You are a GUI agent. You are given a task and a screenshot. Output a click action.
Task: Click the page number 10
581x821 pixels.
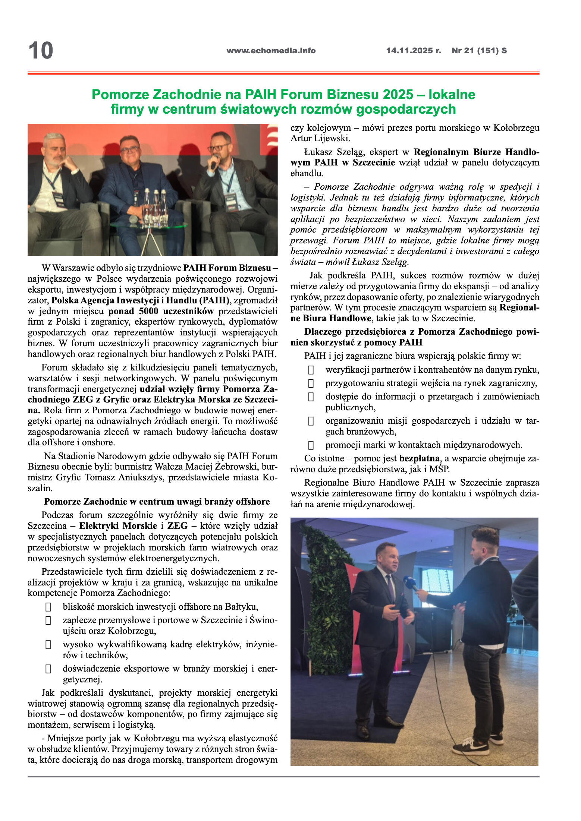pos(41,51)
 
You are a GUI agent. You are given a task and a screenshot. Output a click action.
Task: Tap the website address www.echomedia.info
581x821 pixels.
pos(271,51)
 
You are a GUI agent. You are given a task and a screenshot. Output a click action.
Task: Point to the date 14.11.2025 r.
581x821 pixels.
pos(413,51)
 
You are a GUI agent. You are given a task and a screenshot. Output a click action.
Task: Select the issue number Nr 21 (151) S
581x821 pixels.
pos(479,51)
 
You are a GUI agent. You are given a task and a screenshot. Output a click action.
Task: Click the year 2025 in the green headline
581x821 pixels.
pos(398,95)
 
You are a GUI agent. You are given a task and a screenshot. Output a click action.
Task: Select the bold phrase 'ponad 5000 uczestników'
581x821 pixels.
pos(161,311)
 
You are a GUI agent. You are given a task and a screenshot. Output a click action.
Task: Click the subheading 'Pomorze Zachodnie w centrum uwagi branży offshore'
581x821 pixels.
pos(157,502)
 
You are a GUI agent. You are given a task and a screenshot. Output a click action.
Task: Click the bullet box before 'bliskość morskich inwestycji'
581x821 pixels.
pos(48,607)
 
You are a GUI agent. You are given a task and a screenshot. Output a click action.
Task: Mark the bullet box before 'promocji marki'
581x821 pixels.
pos(311,445)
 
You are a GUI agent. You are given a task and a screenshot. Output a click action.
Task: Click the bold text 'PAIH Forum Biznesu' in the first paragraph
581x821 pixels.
pos(227,268)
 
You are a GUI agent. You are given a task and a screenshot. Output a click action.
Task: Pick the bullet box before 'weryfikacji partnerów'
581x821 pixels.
pos(311,370)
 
